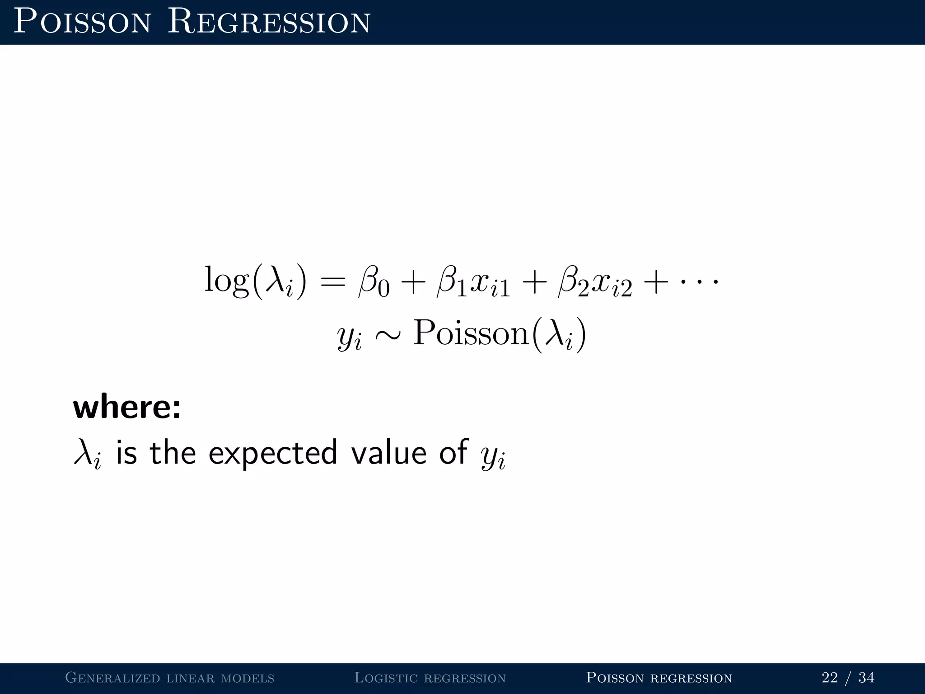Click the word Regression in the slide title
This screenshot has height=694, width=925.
[269, 23]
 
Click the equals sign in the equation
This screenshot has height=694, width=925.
[333, 282]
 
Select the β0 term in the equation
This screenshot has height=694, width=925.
[373, 282]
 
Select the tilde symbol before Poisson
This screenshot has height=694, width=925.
[388, 335]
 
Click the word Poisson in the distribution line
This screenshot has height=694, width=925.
[471, 333]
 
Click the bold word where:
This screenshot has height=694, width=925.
[127, 407]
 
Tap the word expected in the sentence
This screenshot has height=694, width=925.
[273, 453]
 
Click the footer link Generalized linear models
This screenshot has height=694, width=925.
[170, 677]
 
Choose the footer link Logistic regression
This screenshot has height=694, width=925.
[430, 677]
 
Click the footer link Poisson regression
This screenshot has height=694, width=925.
[659, 677]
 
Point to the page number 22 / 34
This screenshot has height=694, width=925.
[848, 677]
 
